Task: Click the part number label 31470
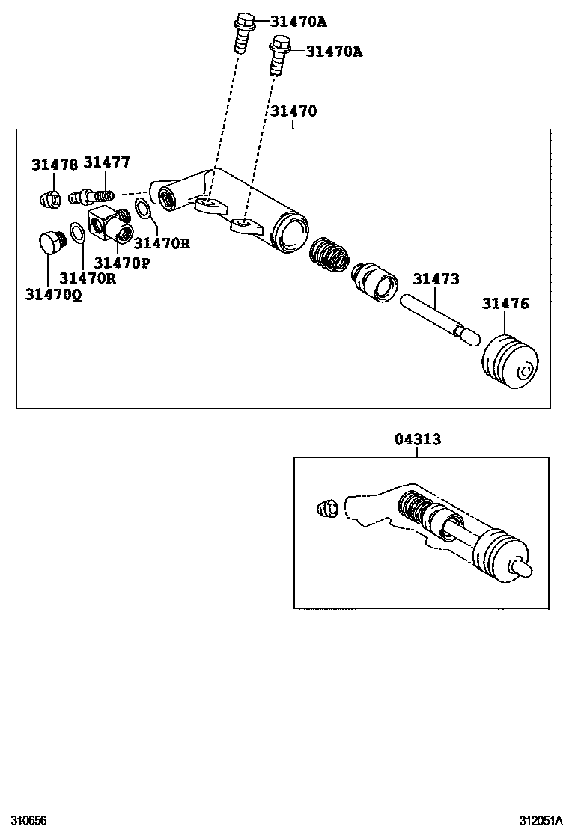coord(293,111)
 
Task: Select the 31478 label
coord(54,165)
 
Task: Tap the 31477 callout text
coord(106,162)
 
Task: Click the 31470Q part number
coord(53,295)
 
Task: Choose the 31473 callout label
coord(436,279)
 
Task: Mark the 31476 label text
coord(505,303)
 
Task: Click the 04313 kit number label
coord(418,439)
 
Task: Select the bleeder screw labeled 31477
coord(94,197)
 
